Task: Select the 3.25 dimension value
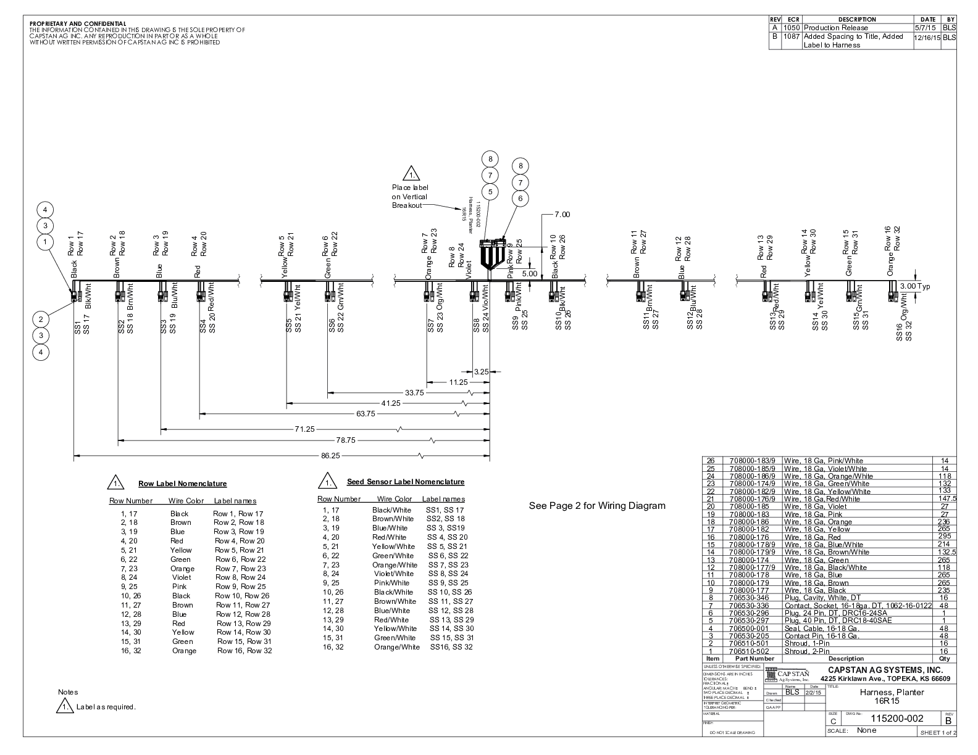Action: click(481, 372)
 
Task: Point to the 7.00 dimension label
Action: click(562, 215)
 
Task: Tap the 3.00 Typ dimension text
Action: click(914, 286)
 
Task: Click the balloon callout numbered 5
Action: click(490, 191)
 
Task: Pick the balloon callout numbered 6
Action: click(520, 198)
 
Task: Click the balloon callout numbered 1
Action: click(44, 242)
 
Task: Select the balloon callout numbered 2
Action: click(41, 319)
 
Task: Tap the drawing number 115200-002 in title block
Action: click(896, 718)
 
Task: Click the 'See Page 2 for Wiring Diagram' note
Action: click(597, 506)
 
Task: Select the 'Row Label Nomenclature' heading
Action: click(182, 484)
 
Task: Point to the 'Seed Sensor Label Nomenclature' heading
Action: click(405, 482)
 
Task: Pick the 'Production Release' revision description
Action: click(836, 28)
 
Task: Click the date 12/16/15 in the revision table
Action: click(927, 38)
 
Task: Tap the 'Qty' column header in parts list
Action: click(944, 659)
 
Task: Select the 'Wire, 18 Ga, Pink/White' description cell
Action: click(824, 461)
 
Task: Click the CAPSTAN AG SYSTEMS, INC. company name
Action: click(885, 670)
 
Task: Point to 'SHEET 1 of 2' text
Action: click(938, 732)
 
